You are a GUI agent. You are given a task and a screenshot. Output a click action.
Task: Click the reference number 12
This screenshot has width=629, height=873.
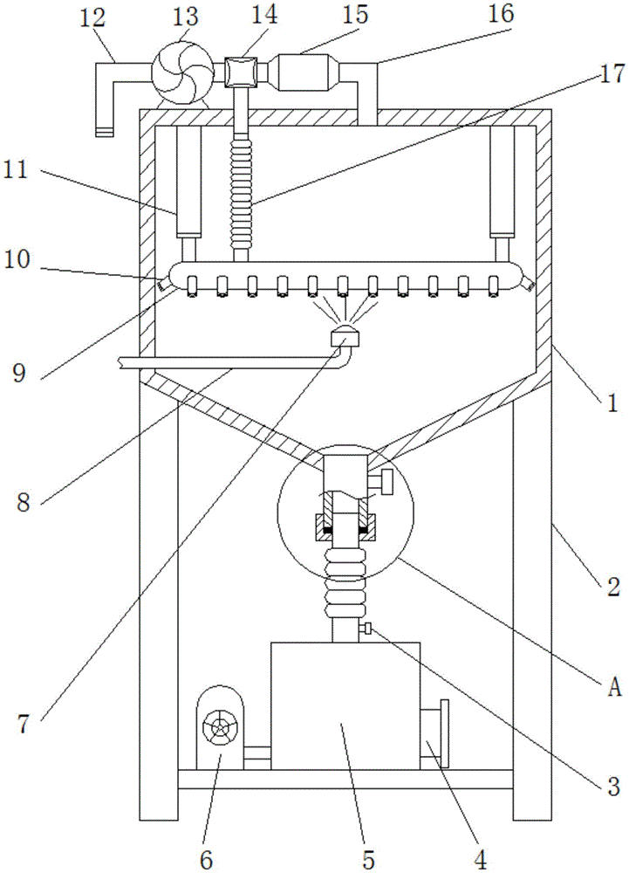tap(92, 17)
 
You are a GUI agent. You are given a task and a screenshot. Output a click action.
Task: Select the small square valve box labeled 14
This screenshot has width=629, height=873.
tap(240, 72)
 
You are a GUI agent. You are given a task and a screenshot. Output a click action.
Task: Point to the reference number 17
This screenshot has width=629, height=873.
tap(612, 73)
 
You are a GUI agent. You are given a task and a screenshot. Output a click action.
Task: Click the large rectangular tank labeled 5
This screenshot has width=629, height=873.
tap(345, 706)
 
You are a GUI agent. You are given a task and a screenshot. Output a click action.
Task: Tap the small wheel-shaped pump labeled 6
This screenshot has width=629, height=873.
tap(220, 727)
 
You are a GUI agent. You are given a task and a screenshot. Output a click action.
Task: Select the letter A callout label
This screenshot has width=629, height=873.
tap(613, 689)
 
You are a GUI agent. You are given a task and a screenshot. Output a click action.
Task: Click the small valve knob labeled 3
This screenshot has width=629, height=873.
tap(367, 629)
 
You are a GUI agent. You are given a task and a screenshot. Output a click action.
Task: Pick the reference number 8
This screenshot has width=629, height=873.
tap(23, 505)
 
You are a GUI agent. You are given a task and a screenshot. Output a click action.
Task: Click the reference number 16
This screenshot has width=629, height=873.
tap(501, 14)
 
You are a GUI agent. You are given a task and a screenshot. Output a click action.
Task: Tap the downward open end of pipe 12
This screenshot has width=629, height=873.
tap(104, 132)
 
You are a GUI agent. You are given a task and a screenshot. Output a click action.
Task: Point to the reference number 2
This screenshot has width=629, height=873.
tap(612, 587)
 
